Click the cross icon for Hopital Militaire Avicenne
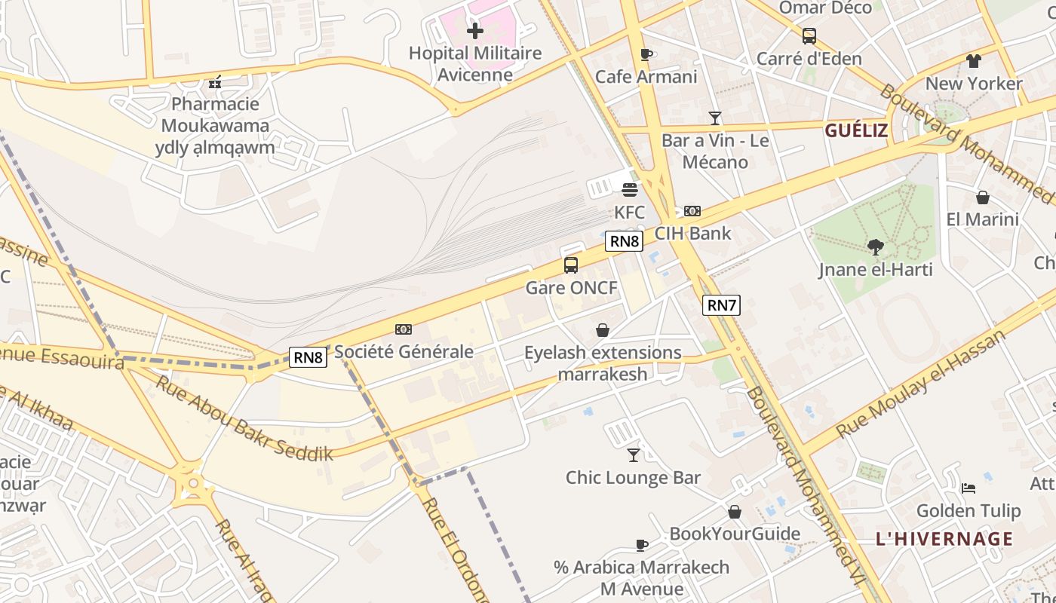pos(474,31)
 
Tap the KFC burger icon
pos(630,189)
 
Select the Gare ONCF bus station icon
pos(571,265)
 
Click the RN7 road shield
pos(721,305)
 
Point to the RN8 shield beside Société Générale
pos(309,357)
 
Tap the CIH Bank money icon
pos(692,211)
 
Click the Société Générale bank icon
pos(404,329)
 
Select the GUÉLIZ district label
pos(855,130)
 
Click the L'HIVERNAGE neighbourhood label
pos(944,539)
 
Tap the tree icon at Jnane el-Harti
pos(875,246)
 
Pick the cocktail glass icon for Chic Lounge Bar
pos(634,455)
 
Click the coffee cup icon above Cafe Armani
pos(646,54)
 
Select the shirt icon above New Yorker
pos(973,61)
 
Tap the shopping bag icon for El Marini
pos(982,197)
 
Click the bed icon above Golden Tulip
pos(969,488)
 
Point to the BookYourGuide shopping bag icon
pos(734,512)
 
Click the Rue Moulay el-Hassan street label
pos(921,384)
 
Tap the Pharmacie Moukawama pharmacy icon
pos(215,82)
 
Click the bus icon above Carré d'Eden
pos(809,35)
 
